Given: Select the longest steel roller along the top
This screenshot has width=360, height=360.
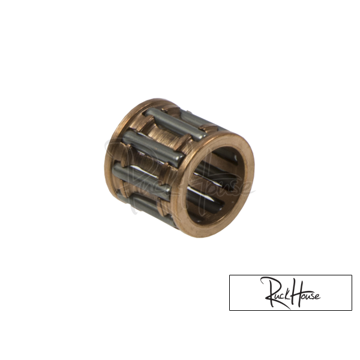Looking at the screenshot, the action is [x=175, y=124].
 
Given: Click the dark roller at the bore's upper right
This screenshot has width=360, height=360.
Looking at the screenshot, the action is [x=227, y=156].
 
